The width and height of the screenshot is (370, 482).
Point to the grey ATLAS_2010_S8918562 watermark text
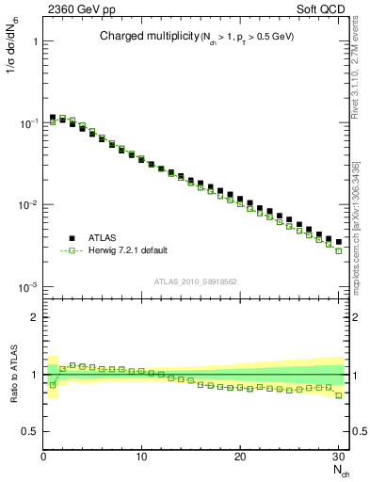195,281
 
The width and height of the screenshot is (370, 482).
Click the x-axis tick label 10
141,457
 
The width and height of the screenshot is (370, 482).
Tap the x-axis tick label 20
240,457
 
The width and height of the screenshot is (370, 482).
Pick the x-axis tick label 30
339,457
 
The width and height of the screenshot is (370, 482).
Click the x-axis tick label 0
43,457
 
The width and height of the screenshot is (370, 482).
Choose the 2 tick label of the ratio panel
33,317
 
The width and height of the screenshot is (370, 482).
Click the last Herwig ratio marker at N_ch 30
339,395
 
